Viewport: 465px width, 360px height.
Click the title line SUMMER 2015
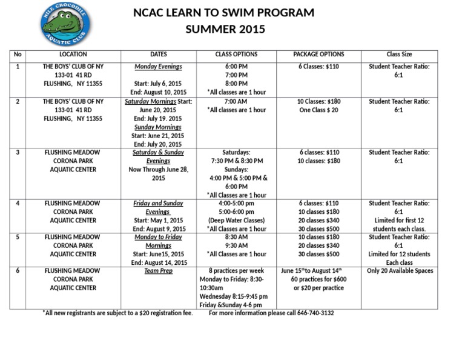click(225, 29)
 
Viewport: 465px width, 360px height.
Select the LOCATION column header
click(73, 55)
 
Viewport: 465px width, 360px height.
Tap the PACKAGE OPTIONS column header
click(318, 55)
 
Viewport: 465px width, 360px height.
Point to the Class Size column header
click(399, 55)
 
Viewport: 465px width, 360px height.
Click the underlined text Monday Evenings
click(158, 67)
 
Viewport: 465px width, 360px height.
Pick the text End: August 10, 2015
click(158, 92)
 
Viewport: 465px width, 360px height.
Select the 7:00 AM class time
click(236, 101)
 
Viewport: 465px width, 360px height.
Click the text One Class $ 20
click(318, 110)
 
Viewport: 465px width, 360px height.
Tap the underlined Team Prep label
click(158, 271)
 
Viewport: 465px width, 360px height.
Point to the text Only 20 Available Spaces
click(400, 271)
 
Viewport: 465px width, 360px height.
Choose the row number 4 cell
click(18, 204)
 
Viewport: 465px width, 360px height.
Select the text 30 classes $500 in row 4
click(318, 229)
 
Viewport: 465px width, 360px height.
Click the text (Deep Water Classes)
click(236, 221)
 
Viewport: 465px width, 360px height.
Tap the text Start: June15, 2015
click(158, 254)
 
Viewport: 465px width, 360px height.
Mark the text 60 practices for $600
click(318, 279)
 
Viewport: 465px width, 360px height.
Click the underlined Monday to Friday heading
click(158, 237)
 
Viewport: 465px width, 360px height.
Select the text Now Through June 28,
click(158, 170)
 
